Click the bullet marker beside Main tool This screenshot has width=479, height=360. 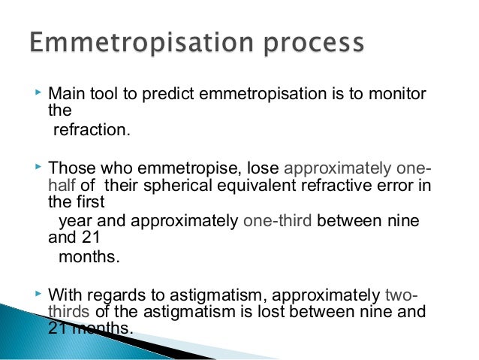point(40,94)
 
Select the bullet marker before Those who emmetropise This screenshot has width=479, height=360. point(40,167)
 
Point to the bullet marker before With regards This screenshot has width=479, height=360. point(40,295)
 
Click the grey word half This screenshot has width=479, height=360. point(62,186)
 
